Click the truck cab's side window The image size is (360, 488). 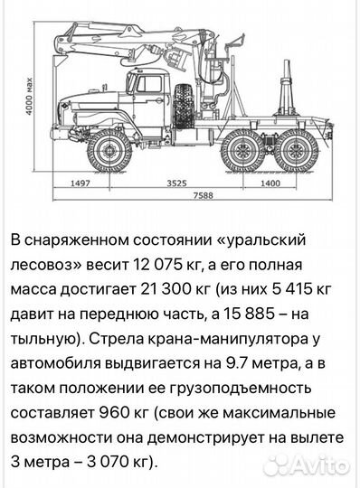pyautogui.click(x=142, y=85)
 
